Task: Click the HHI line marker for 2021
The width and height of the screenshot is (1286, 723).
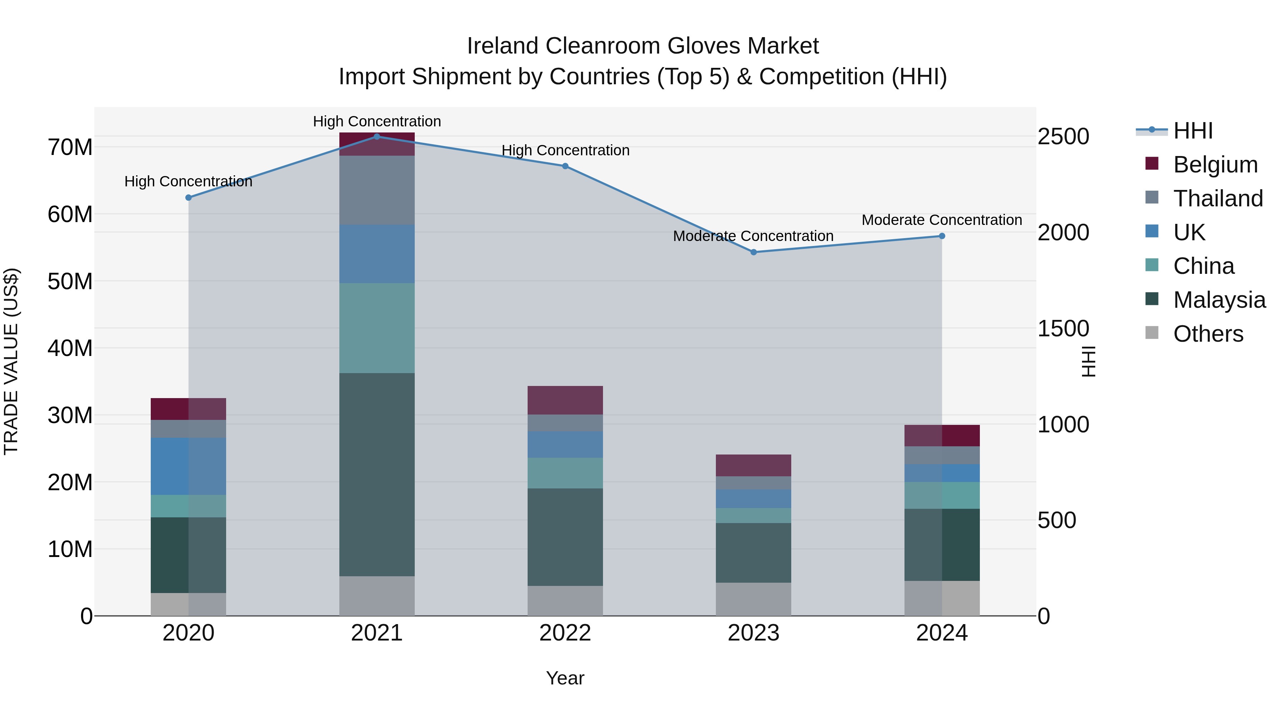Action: [377, 137]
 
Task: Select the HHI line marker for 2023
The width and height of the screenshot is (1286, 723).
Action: [754, 252]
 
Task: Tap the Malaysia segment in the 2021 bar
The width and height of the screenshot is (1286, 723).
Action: [377, 474]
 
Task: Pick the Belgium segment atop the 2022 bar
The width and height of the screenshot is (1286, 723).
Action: [565, 400]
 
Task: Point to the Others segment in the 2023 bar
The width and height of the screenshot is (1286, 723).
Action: [753, 599]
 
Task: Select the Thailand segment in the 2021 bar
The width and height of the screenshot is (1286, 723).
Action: [377, 190]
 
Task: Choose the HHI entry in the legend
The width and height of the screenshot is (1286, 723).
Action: [1193, 131]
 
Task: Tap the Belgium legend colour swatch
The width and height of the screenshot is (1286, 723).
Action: [1152, 163]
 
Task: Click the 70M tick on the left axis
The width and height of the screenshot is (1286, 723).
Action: [70, 147]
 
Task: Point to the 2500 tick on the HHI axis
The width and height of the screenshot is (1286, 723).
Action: [1063, 136]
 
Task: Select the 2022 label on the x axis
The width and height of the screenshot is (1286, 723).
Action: [565, 633]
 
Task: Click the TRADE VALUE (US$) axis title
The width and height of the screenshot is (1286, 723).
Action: [11, 361]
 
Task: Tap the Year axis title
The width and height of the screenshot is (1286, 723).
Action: [565, 678]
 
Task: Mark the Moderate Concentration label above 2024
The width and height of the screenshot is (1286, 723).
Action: [942, 220]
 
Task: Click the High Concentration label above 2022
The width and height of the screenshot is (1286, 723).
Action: [565, 150]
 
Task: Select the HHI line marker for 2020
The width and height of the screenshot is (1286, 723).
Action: [188, 197]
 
